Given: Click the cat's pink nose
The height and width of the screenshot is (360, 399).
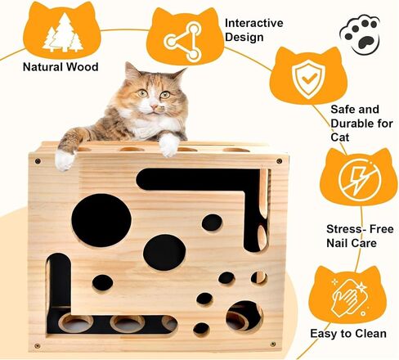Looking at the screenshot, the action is tap(154, 106).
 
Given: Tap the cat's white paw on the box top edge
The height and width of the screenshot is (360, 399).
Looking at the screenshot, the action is tap(169, 145).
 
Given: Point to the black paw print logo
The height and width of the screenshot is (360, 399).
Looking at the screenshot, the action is tap(360, 34).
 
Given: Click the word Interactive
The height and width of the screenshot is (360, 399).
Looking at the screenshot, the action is tap(254, 23).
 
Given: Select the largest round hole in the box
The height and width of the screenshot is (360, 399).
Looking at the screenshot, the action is tap(101, 220).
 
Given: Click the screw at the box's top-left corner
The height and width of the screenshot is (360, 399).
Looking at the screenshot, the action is tap(38, 161).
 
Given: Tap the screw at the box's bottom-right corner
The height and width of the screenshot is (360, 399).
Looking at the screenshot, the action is tap(272, 344).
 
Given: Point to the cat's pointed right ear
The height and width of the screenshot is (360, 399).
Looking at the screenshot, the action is tap(177, 74).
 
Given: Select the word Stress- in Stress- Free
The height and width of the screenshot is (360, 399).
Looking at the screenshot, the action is tap(345, 229).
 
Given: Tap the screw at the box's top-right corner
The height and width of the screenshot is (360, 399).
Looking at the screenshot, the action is tap(279, 161).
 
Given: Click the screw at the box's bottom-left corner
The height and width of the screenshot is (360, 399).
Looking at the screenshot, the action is tap(38, 346).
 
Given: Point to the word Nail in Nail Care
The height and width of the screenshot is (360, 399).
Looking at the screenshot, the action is tap(337, 243).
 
